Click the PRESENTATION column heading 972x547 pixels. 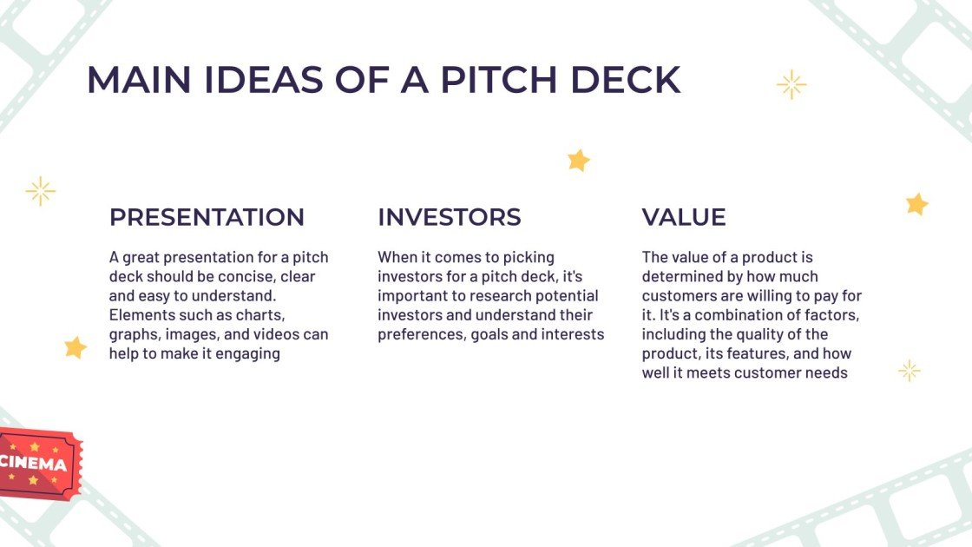pyautogui.click(x=207, y=217)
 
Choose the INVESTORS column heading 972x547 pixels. pyautogui.click(x=450, y=217)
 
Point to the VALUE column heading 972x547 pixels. pyautogui.click(x=684, y=217)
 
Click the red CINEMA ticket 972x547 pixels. pyautogui.click(x=39, y=465)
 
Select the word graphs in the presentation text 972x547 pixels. pyautogui.click(x=133, y=334)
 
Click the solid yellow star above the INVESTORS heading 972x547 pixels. pyautogui.click(x=578, y=160)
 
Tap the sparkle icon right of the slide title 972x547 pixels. pyautogui.click(x=791, y=84)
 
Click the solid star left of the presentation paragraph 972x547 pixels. pyautogui.click(x=76, y=347)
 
